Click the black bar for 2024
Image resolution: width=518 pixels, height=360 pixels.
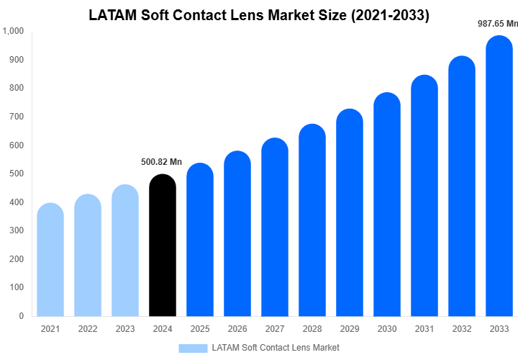tap(163, 248)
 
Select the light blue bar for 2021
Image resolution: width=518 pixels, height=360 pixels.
tap(50, 263)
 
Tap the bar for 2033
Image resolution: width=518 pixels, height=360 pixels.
tap(499, 180)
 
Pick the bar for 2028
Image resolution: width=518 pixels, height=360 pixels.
tap(312, 223)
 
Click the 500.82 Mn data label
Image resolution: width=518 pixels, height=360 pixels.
tap(161, 162)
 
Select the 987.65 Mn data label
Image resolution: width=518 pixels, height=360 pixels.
tap(498, 23)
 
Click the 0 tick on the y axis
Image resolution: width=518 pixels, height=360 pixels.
tap(21, 316)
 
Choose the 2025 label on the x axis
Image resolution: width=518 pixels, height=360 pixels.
tap(200, 329)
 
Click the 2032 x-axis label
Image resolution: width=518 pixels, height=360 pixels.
tap(462, 329)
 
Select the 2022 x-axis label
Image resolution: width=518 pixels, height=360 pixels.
tap(88, 329)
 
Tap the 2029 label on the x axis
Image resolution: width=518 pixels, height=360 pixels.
tap(350, 329)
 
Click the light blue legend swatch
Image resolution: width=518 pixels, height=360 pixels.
tap(192, 348)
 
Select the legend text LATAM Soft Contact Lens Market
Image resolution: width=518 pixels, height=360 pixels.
tap(276, 348)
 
